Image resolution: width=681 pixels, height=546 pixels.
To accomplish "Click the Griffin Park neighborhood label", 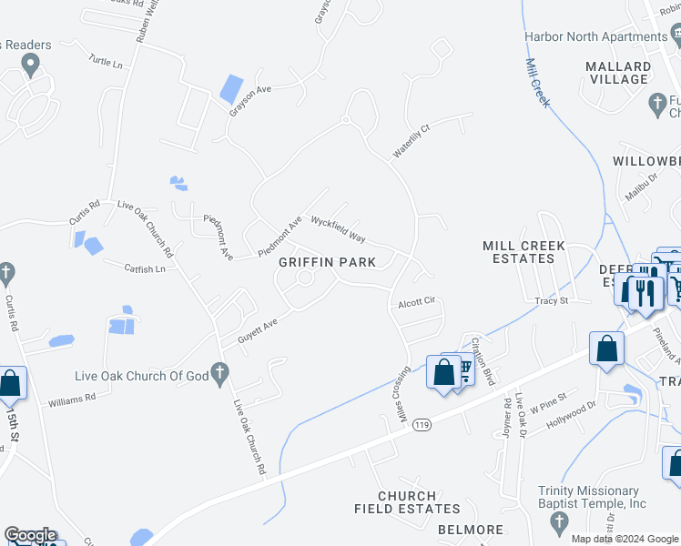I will (327, 262).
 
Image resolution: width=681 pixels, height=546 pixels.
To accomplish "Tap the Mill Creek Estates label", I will (523, 252).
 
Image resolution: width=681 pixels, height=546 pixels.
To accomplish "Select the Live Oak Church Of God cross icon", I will (218, 371).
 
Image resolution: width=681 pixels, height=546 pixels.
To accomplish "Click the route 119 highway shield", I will (420, 424).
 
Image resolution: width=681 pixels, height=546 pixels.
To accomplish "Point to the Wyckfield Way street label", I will (338, 228).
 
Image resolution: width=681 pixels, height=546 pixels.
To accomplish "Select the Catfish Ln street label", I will (146, 268).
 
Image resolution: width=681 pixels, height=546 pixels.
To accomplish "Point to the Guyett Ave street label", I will (258, 329).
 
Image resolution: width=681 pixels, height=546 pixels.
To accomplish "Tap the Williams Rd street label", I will (72, 399).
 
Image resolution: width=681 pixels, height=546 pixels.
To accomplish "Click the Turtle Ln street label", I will (106, 62).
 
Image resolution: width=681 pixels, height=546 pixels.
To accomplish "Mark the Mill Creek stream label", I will (538, 83).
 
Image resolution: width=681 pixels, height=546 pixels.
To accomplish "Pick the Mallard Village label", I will (618, 73).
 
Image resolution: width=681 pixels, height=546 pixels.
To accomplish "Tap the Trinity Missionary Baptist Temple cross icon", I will (559, 522).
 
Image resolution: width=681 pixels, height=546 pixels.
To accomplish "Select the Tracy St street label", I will (552, 300).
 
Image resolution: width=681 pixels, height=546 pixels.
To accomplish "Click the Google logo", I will (29, 535).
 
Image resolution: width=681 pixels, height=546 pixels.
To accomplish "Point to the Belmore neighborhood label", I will (470, 530).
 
